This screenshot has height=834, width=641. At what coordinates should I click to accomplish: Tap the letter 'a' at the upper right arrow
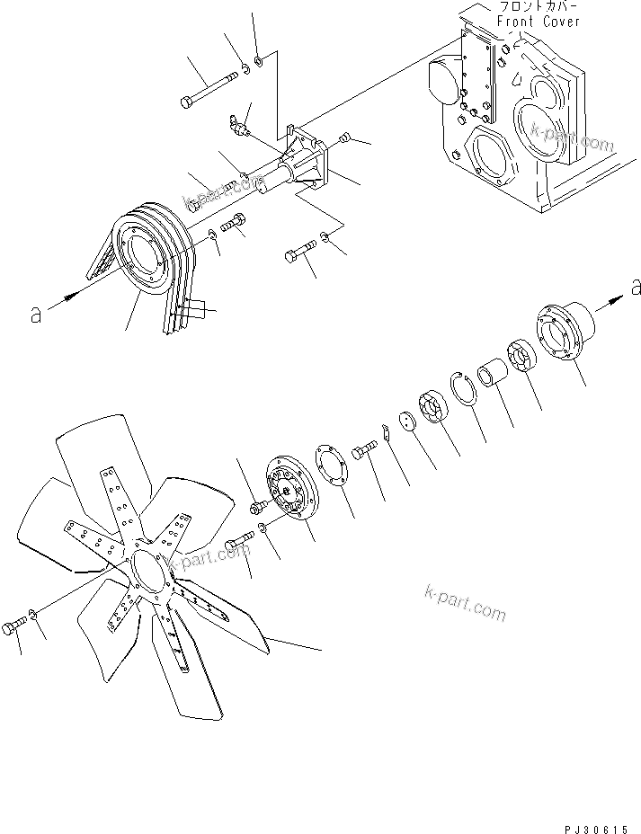pyautogui.click(x=635, y=287)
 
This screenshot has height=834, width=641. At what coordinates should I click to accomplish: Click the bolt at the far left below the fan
pyautogui.click(x=18, y=625)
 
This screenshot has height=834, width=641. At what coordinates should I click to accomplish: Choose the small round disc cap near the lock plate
pyautogui.click(x=406, y=422)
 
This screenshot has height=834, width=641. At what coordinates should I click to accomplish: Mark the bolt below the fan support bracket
pyautogui.click(x=302, y=253)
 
